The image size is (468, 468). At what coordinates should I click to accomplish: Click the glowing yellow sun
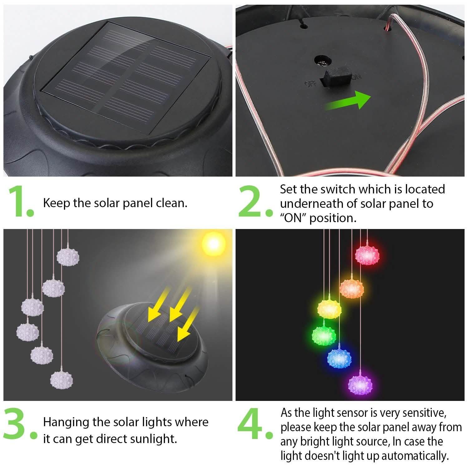[x=213, y=244]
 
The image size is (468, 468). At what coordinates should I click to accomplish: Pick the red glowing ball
[x=367, y=255]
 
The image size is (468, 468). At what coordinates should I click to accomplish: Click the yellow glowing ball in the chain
[x=329, y=308]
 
